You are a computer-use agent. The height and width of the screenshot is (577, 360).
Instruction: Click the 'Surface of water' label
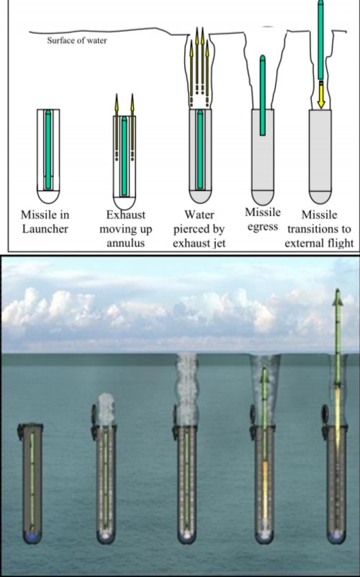77,40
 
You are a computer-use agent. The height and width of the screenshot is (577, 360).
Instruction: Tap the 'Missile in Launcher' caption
45,222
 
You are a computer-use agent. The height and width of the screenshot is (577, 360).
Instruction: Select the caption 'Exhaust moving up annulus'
126,228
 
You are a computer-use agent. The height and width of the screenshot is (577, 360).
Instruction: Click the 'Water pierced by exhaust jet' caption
199,228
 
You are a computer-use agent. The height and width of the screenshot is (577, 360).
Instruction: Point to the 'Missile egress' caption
263,219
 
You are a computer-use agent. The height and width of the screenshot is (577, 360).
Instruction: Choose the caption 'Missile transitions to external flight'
319,228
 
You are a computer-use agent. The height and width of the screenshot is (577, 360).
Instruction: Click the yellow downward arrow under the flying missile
321,94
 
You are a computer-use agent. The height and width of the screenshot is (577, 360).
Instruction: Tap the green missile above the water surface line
320,39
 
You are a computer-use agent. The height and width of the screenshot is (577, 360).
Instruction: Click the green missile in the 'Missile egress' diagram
263,95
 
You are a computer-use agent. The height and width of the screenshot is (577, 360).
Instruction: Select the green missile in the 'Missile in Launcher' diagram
48,149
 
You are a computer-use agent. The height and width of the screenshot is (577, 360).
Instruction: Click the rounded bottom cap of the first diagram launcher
48,196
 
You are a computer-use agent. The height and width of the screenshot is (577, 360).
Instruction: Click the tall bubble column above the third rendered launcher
186,389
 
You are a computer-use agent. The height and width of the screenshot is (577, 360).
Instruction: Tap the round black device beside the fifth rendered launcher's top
325,411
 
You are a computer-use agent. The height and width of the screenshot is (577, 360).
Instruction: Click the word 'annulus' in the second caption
126,243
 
